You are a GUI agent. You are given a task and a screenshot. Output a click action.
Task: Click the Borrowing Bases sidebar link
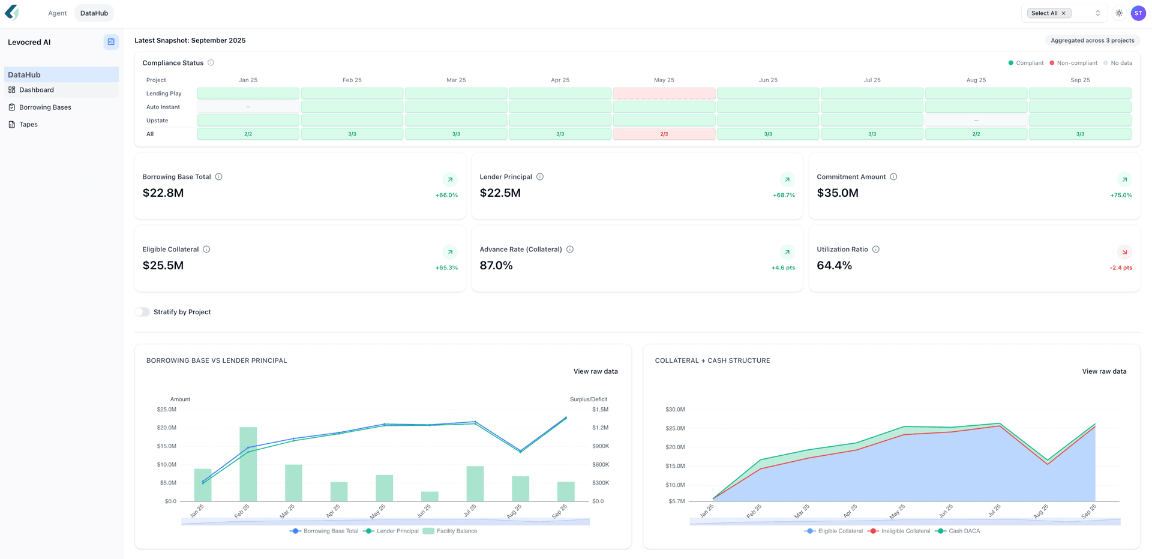[x=45, y=107]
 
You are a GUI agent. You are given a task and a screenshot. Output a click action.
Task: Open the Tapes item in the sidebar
[x=28, y=124]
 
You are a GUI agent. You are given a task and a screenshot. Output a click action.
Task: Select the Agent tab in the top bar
[x=57, y=13]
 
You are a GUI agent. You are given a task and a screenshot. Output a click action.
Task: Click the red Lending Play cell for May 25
[x=664, y=94]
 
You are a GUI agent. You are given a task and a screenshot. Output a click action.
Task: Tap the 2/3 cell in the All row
[x=664, y=134]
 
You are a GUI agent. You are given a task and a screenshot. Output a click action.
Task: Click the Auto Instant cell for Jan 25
[x=248, y=107]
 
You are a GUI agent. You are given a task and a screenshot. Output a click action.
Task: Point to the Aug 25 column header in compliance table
[x=976, y=80]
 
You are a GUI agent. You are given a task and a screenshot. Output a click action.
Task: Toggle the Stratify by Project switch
[x=142, y=312]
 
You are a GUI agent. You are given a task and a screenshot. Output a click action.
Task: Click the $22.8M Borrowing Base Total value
[x=163, y=193]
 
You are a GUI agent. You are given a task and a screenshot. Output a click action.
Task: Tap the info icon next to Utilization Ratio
[x=875, y=250]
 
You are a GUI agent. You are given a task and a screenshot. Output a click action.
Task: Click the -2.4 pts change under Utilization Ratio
[x=1120, y=268]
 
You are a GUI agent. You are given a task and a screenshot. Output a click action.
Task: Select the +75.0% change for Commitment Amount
[x=1121, y=195]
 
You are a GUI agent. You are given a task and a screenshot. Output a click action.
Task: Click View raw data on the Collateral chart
[x=1103, y=371]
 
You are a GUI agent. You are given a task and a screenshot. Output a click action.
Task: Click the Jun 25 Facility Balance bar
[x=430, y=497]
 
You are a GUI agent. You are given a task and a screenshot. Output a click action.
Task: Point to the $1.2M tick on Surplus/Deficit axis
[x=600, y=428]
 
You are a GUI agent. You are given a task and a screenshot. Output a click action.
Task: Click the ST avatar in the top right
[x=1138, y=13]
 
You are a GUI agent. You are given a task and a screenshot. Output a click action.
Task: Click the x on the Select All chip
[x=1063, y=13]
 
